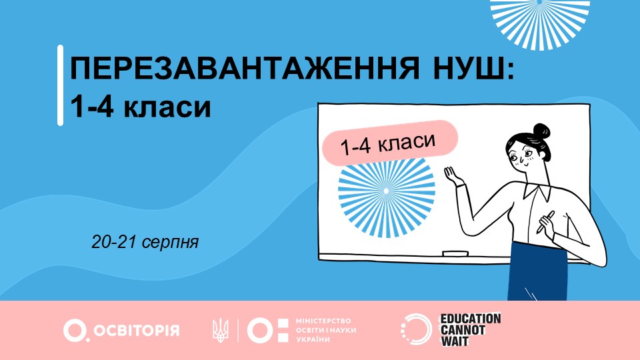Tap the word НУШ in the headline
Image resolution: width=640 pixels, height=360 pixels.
(x=473, y=68)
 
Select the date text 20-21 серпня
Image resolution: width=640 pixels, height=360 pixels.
(x=145, y=241)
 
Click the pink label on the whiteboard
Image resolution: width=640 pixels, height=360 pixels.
(x=390, y=143)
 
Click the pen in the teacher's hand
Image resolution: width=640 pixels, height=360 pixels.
(x=546, y=222)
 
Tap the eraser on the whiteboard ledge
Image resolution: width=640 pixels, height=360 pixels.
(x=455, y=253)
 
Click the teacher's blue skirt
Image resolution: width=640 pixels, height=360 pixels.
(x=538, y=271)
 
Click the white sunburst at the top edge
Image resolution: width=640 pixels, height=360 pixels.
(x=540, y=21)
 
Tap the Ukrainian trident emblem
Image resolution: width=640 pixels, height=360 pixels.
(x=221, y=330)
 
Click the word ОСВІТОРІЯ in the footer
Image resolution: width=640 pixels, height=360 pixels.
(x=137, y=330)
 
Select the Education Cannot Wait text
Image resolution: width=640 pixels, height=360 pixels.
(x=470, y=330)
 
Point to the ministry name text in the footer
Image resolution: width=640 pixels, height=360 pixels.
(x=326, y=330)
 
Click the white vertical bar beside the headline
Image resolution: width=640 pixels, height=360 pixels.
(x=61, y=85)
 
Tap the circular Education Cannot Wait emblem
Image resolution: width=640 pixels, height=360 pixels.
(x=416, y=329)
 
